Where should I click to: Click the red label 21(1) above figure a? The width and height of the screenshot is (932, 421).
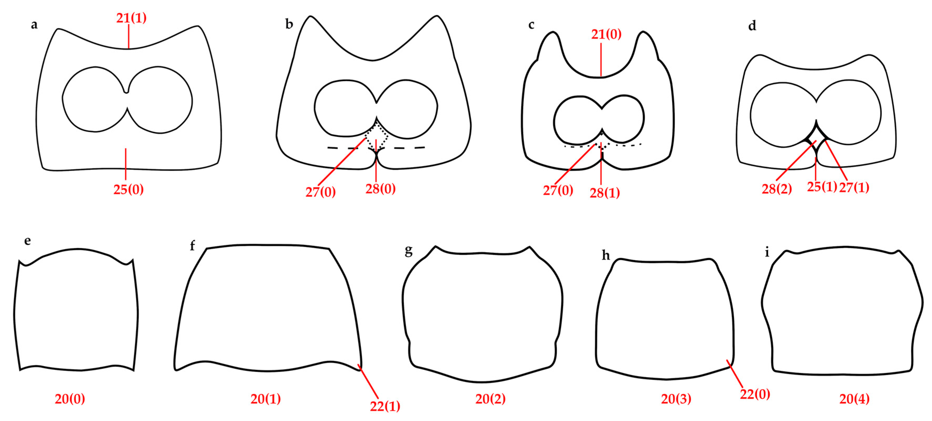[x=131, y=18]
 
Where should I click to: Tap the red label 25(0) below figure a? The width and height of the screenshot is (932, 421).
[x=128, y=189]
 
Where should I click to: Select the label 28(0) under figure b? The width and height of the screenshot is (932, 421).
[x=380, y=189]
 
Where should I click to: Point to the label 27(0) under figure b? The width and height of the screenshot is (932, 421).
[x=321, y=192]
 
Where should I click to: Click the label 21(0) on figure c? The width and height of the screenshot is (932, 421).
[x=606, y=34]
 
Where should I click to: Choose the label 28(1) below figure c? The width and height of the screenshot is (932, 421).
[x=605, y=193]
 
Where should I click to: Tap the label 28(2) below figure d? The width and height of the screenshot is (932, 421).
[x=777, y=189]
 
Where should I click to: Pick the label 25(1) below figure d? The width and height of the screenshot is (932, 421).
[x=822, y=187]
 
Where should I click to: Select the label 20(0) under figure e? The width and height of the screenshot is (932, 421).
[x=70, y=399]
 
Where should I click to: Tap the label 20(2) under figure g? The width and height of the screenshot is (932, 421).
[x=490, y=399]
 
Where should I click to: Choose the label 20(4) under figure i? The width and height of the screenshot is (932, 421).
[x=854, y=399]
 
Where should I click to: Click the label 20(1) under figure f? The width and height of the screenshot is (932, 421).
[x=266, y=399]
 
